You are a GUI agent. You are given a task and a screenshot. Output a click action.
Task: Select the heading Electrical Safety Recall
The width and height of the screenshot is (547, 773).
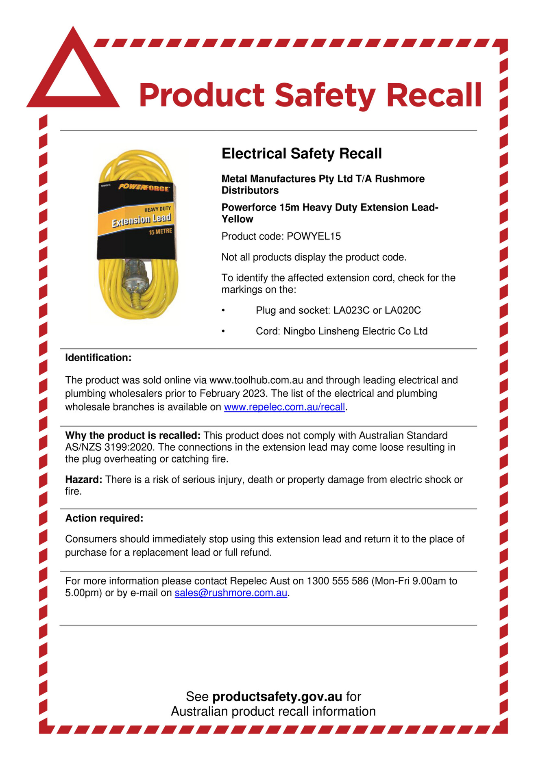[301, 154]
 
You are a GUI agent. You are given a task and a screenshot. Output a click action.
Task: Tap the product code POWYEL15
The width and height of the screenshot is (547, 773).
[314, 236]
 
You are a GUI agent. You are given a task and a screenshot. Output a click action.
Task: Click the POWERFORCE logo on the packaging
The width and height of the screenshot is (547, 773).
[144, 188]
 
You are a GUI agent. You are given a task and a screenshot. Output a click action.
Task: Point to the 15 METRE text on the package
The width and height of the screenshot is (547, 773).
[160, 232]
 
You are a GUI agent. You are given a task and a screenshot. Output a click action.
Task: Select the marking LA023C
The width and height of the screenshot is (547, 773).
[351, 311]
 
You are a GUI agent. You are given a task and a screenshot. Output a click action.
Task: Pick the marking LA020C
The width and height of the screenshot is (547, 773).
[403, 311]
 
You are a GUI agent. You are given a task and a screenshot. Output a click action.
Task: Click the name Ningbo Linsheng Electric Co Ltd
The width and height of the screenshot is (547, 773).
[355, 331]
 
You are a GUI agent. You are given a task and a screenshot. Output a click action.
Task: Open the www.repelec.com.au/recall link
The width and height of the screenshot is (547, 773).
[284, 407]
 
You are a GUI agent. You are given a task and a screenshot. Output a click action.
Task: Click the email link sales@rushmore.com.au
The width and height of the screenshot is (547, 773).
[231, 593]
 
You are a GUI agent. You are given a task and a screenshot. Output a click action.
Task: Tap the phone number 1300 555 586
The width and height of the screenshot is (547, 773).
[337, 581]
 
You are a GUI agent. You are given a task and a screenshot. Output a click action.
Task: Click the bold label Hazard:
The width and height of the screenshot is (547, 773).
[83, 480]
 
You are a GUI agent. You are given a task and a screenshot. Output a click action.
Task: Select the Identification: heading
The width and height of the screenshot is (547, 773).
[98, 358]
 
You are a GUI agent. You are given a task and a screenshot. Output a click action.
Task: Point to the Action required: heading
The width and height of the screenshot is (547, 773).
[104, 518]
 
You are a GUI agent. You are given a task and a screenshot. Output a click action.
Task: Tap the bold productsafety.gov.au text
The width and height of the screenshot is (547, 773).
[277, 697]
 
